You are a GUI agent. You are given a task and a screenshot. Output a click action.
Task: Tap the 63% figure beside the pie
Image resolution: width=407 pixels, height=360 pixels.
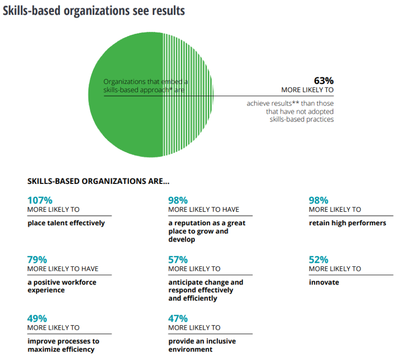(x=324, y=80)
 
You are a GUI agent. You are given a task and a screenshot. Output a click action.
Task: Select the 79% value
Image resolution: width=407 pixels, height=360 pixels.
(x=37, y=259)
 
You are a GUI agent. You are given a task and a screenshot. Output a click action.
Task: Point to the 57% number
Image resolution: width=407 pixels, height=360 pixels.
(x=178, y=259)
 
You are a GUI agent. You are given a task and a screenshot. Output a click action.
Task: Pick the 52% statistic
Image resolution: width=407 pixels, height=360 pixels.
(x=319, y=259)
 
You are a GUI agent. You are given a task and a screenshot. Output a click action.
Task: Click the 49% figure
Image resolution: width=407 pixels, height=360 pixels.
(x=37, y=318)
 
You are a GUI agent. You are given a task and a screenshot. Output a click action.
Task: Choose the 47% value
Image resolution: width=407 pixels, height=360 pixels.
(x=178, y=318)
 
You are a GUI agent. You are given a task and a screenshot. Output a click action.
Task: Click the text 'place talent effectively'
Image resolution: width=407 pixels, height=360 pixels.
(x=66, y=223)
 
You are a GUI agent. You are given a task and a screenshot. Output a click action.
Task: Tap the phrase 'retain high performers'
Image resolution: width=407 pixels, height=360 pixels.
(x=347, y=223)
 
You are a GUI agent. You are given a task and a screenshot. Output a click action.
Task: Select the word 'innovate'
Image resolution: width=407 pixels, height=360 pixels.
(x=324, y=282)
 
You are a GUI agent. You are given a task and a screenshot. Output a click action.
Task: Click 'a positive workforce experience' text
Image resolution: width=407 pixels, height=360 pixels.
(x=62, y=286)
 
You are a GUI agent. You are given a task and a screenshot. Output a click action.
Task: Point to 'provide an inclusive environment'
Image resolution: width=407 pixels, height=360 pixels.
(x=202, y=345)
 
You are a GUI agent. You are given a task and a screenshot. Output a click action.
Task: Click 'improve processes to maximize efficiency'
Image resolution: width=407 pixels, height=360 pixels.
(x=63, y=345)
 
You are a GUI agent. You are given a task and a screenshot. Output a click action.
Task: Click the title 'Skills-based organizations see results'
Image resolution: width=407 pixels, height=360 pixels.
(x=94, y=11)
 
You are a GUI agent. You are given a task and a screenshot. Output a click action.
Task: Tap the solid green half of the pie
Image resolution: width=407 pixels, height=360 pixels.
(x=125, y=120)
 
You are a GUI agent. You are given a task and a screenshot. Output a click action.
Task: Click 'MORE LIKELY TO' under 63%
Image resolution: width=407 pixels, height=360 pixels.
(x=307, y=90)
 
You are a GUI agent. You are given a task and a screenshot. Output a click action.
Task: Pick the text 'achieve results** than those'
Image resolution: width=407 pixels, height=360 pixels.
(x=290, y=103)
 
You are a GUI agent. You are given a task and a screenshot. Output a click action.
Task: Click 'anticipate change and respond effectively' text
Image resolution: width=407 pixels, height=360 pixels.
(x=206, y=286)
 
